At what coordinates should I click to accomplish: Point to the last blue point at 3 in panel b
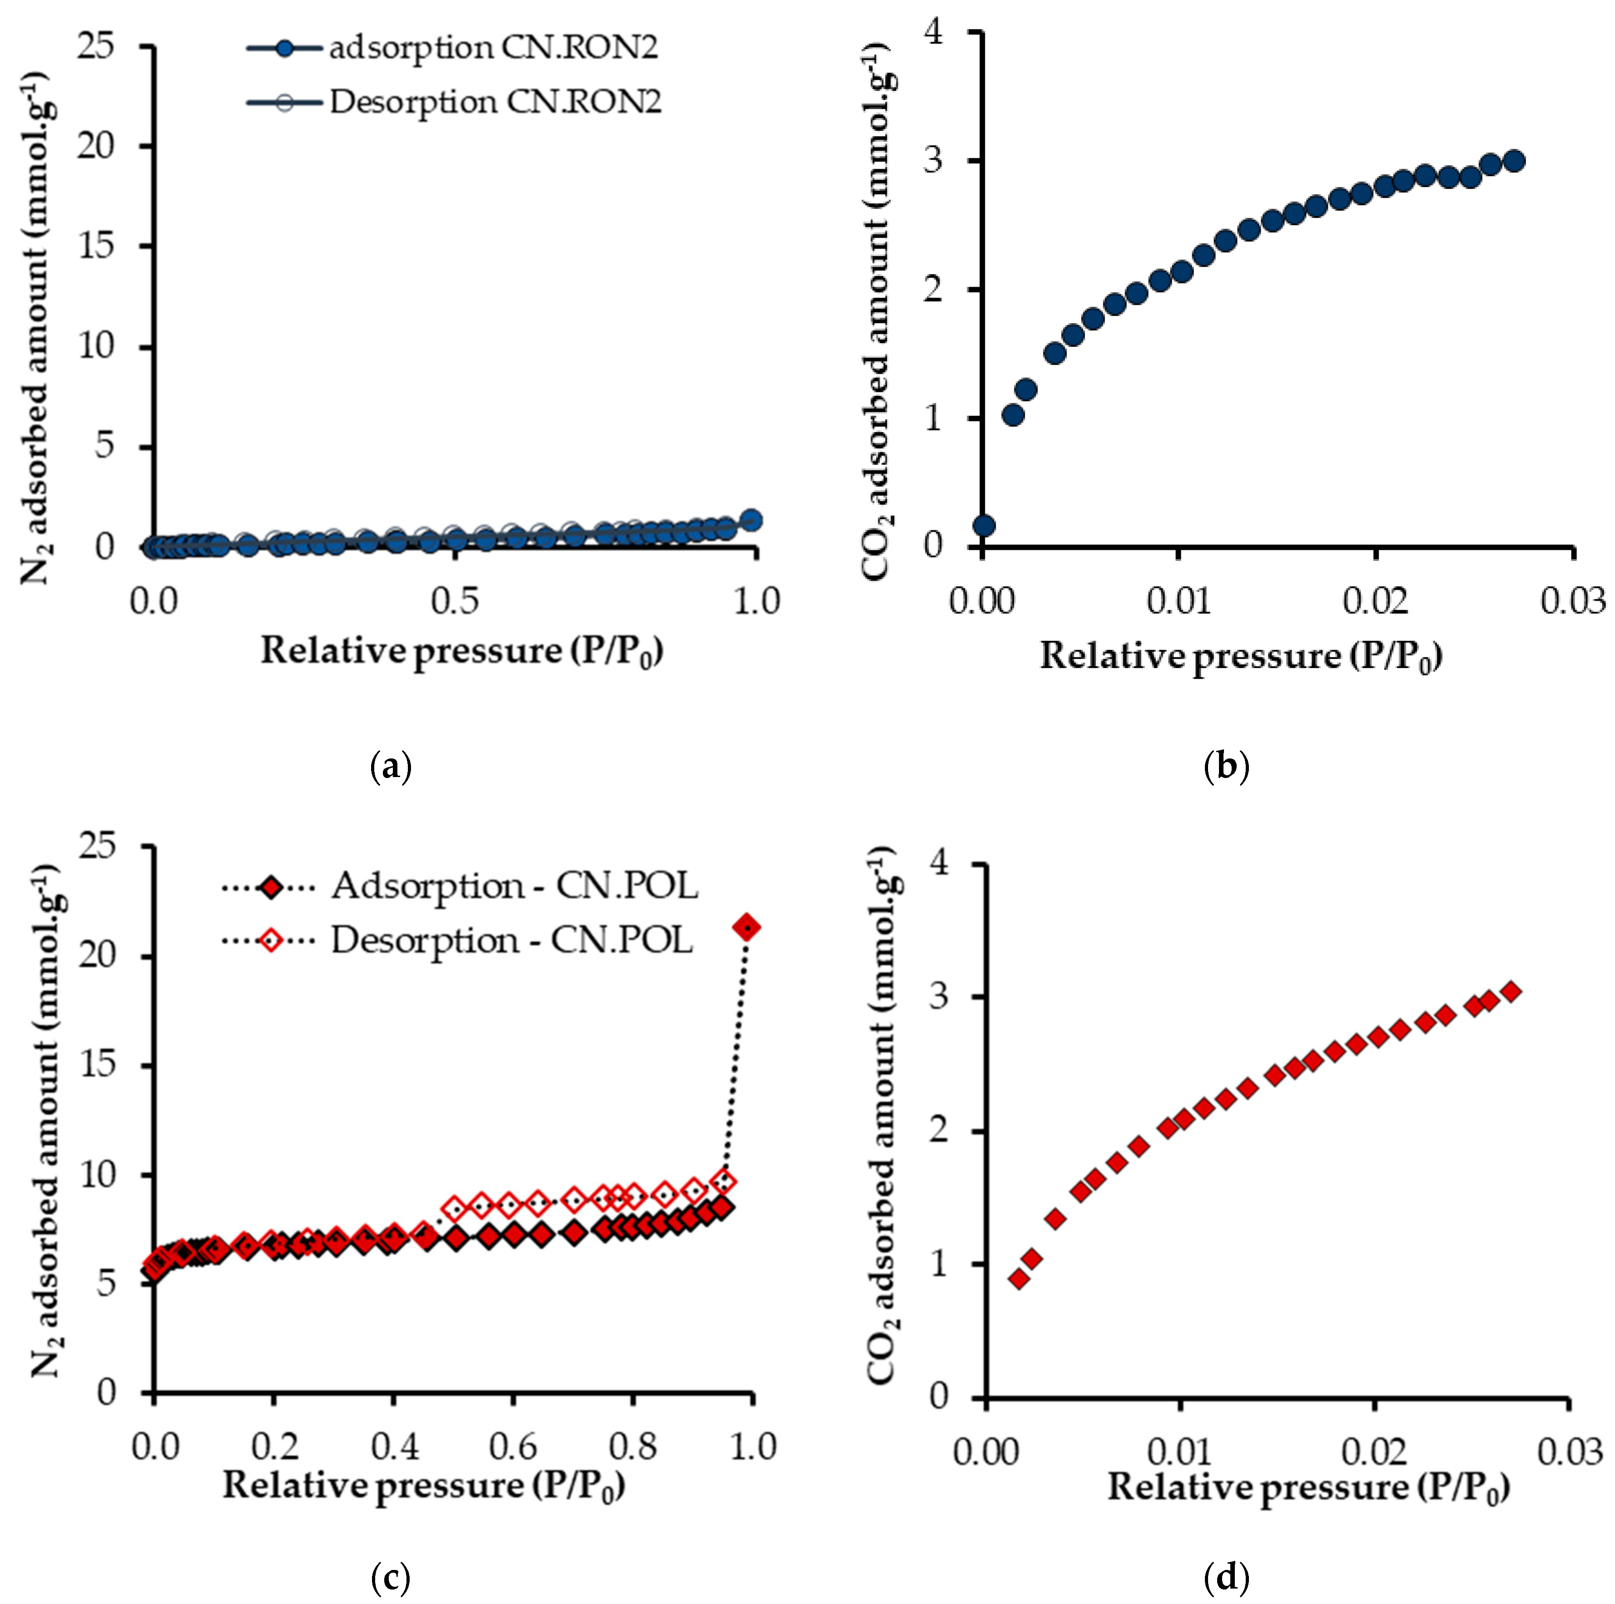(x=1513, y=161)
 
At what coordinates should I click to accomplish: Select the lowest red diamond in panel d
(x=1018, y=1278)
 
